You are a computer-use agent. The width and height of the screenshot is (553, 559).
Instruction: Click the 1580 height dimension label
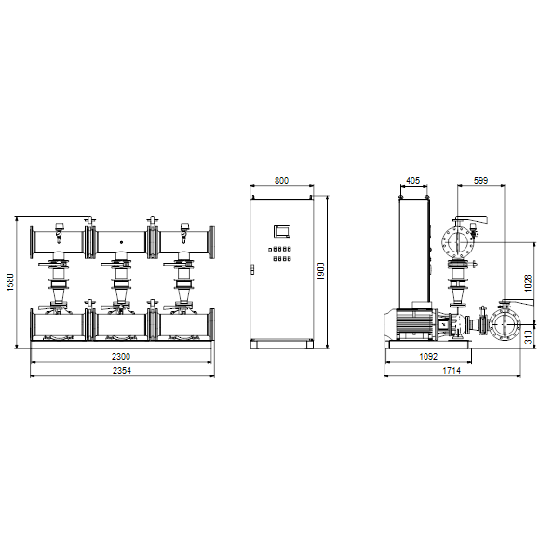10,282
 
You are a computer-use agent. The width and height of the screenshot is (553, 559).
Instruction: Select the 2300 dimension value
121,356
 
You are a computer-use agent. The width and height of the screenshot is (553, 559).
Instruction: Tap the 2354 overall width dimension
122,371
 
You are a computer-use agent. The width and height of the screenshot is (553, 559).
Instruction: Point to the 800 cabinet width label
281,181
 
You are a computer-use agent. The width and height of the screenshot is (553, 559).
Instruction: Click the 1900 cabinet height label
321,271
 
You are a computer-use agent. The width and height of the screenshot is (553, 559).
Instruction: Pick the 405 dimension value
413,181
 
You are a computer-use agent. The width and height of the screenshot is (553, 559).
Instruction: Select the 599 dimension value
480,181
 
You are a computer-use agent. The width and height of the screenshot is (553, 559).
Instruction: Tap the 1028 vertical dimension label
528,283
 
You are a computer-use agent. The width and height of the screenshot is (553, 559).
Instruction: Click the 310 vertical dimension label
528,337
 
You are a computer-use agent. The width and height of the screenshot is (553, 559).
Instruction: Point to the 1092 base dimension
428,356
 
